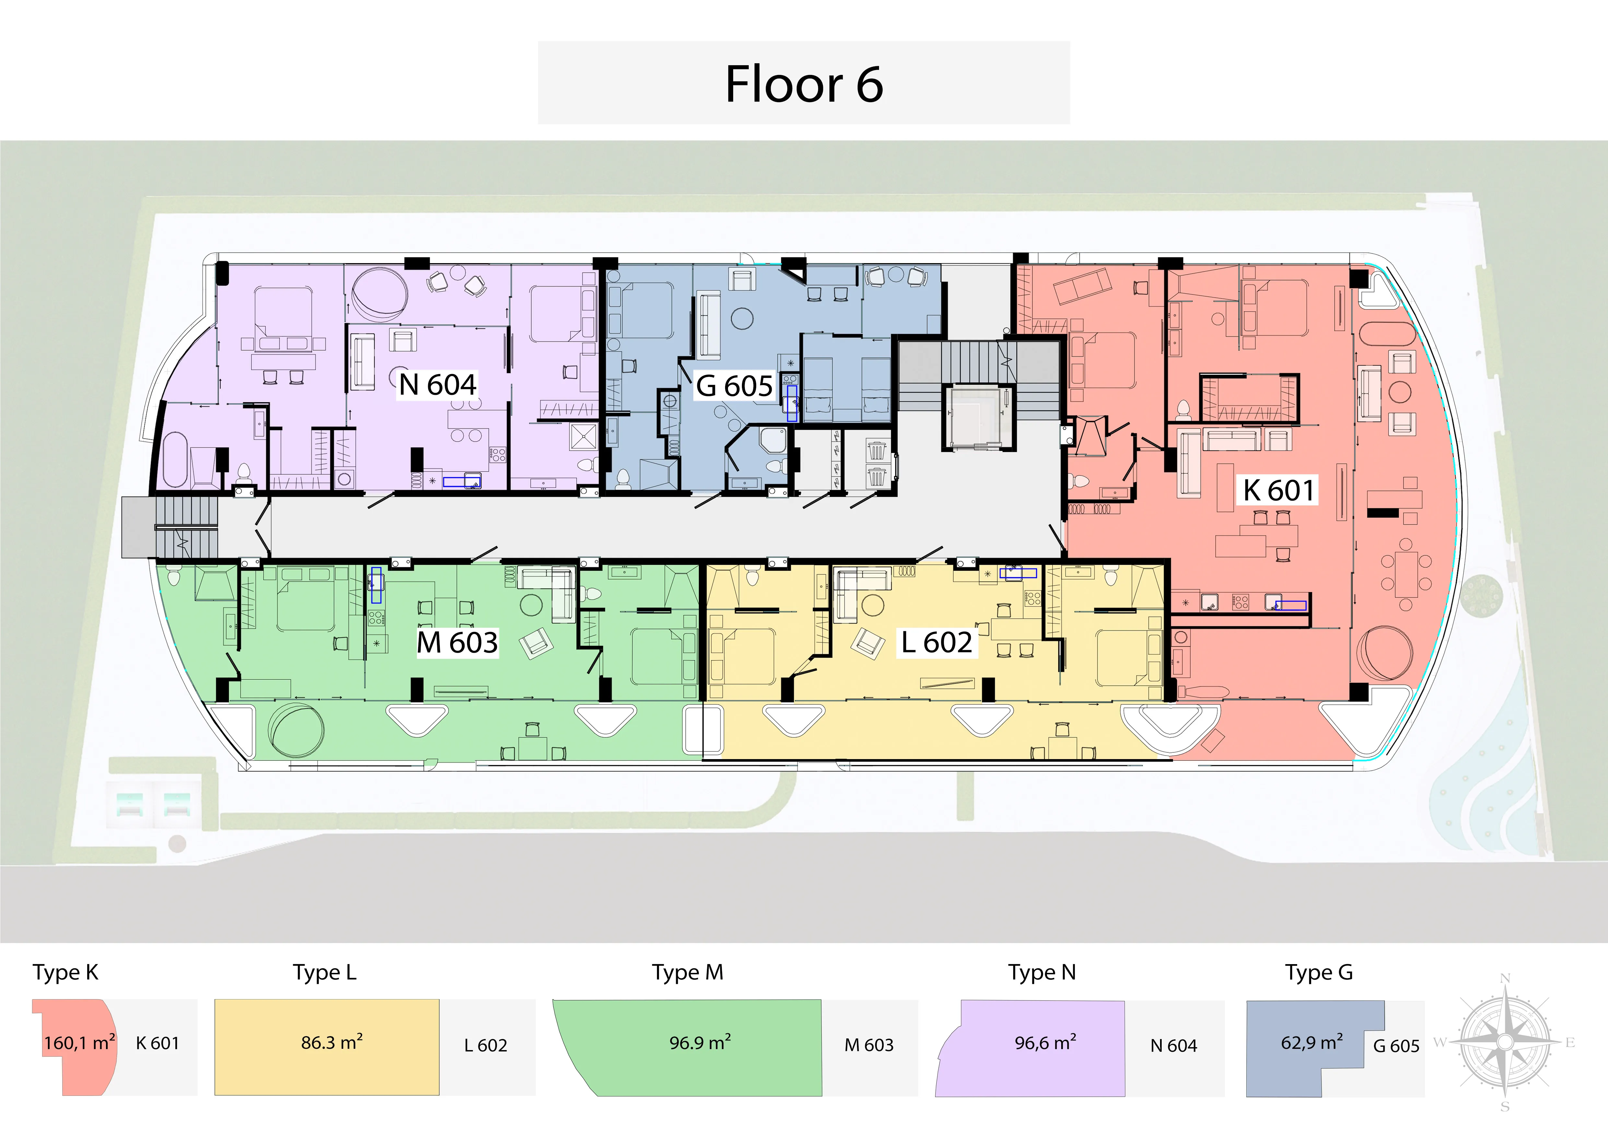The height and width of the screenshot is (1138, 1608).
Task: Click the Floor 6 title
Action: (804, 84)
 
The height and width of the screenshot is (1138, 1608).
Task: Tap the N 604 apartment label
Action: (438, 385)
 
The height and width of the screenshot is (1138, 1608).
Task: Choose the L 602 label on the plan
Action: (936, 642)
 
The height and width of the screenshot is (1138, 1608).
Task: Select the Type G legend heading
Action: (1319, 973)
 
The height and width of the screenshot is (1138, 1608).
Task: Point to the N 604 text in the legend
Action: (1174, 1046)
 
